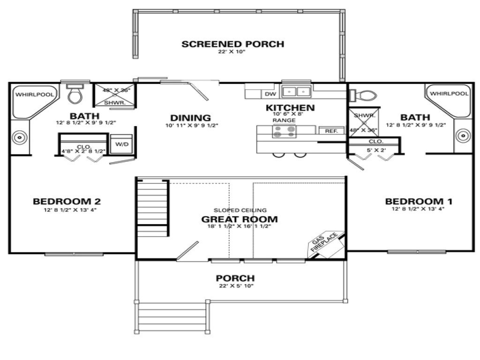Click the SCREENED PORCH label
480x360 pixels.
[232, 45]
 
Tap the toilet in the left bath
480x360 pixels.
[75, 95]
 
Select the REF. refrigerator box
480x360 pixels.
[331, 131]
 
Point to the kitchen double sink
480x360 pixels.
[296, 91]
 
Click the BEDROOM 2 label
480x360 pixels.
[67, 202]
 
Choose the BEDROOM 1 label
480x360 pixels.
[419, 202]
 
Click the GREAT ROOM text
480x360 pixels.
[239, 219]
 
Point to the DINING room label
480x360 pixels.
[190, 118]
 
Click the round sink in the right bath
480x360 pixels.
[463, 136]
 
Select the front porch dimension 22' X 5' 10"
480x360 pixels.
[235, 286]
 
